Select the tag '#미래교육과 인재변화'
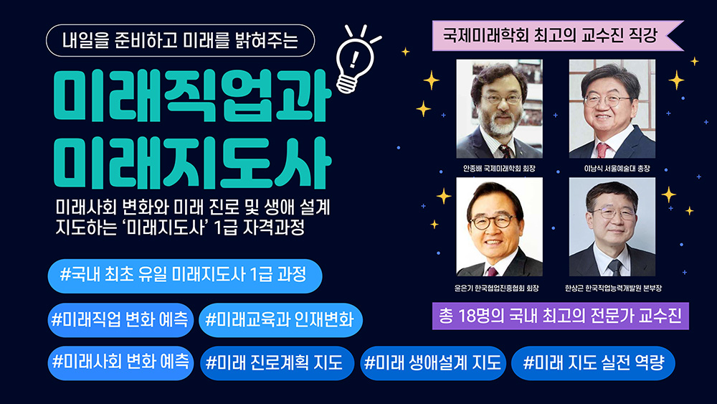(x=280, y=319)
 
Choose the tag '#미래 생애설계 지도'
(x=432, y=362)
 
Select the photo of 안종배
(x=499, y=108)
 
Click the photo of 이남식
(x=612, y=108)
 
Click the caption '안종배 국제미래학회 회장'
(x=500, y=169)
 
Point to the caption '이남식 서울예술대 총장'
(x=612, y=169)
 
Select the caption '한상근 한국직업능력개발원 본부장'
(x=612, y=289)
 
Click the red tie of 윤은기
(x=493, y=271)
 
